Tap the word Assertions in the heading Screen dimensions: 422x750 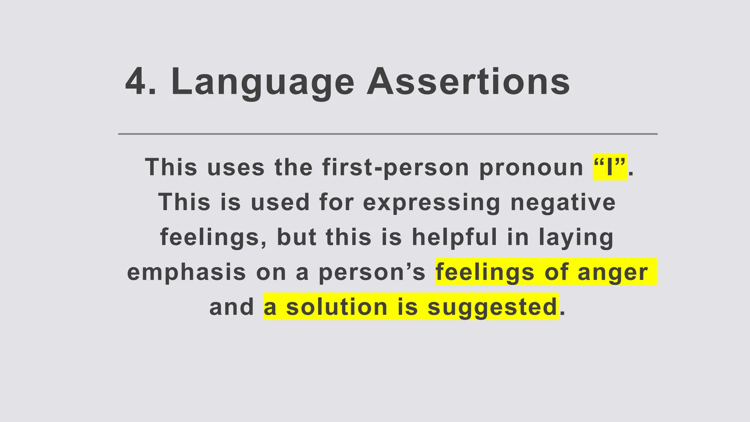click(468, 81)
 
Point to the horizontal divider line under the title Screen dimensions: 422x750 click(387, 134)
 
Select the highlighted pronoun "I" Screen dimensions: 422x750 click(610, 167)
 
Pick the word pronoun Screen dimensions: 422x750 click(531, 167)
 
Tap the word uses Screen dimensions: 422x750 click(236, 167)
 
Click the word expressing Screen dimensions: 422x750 click(432, 202)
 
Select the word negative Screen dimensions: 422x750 click(563, 202)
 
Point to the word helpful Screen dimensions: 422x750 click(454, 237)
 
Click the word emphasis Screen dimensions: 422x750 click(186, 273)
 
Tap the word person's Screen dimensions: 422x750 click(372, 273)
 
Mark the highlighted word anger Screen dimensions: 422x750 click(613, 273)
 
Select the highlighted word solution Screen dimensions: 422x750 click(337, 307)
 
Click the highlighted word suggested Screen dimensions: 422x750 click(493, 307)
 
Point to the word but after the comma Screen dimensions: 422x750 click(297, 237)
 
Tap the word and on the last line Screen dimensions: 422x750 click(232, 307)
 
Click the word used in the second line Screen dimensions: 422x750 click(280, 202)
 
